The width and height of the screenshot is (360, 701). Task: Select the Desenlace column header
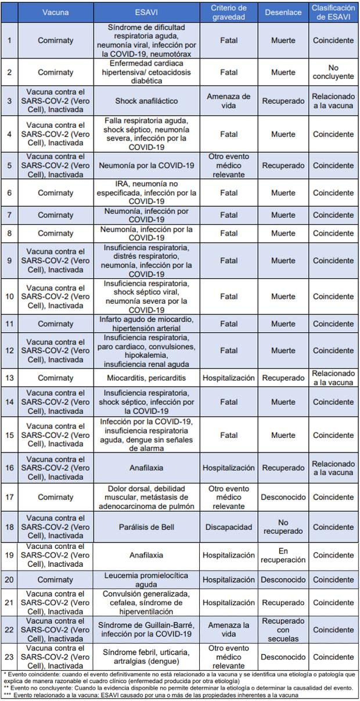pyautogui.click(x=283, y=12)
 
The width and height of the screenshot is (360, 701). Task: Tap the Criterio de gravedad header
pyautogui.click(x=228, y=12)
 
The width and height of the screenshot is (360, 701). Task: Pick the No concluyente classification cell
pyautogui.click(x=333, y=72)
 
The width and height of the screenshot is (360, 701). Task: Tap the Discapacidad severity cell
pyautogui.click(x=228, y=527)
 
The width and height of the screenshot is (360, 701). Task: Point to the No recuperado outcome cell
pyautogui.click(x=283, y=527)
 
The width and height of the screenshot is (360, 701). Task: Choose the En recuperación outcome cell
pyautogui.click(x=283, y=555)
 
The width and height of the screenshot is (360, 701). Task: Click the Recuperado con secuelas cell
pyautogui.click(x=283, y=630)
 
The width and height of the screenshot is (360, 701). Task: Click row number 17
pyautogui.click(x=9, y=497)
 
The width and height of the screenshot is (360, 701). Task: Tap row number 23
pyautogui.click(x=9, y=657)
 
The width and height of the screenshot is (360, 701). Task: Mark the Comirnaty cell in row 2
pyautogui.click(x=56, y=72)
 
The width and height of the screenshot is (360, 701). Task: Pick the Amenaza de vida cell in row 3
pyautogui.click(x=228, y=100)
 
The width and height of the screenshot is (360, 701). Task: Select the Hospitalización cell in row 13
pyautogui.click(x=228, y=378)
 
